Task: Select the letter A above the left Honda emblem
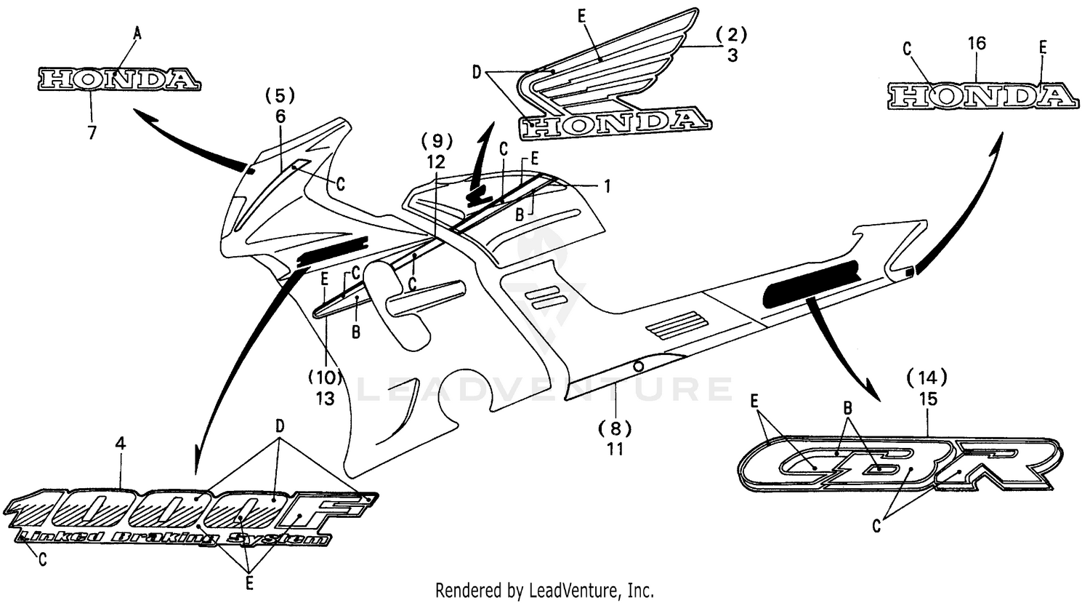click(x=137, y=32)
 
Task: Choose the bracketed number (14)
click(x=927, y=377)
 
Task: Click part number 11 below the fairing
click(x=615, y=449)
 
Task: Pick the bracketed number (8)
click(x=615, y=427)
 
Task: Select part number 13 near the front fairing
click(x=325, y=399)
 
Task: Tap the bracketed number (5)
click(x=280, y=95)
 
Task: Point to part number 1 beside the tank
click(x=605, y=186)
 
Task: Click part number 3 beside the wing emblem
click(x=732, y=55)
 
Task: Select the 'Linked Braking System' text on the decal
click(x=171, y=539)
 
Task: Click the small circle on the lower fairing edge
click(x=637, y=367)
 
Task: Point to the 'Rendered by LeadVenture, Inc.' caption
click(x=544, y=589)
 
